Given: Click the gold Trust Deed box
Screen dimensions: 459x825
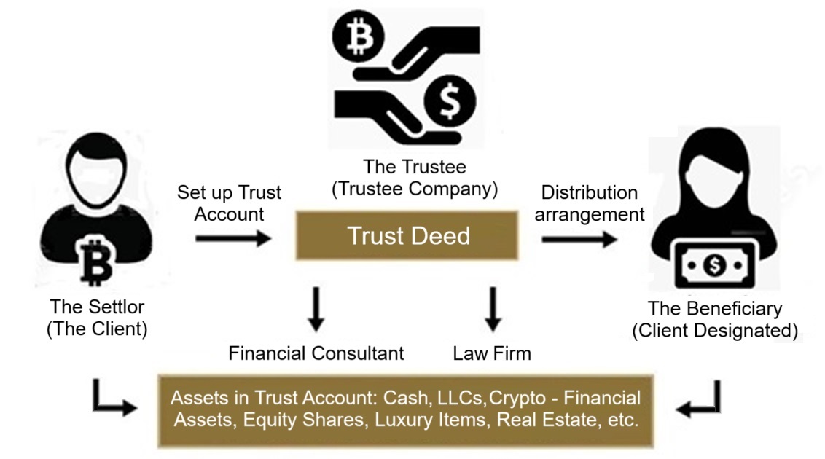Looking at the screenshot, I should coord(408,235).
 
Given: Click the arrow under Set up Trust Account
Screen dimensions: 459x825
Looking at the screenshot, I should coord(233,238).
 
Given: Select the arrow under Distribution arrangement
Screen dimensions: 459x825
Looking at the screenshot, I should coord(579,239).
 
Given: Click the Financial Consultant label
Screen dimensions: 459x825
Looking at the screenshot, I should coord(316,353).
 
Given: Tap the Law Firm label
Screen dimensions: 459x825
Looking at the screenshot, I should coord(492,353).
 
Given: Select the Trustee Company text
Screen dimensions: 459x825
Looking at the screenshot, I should coord(414,189).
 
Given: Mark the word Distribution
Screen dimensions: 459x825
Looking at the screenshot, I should coord(590,192).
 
